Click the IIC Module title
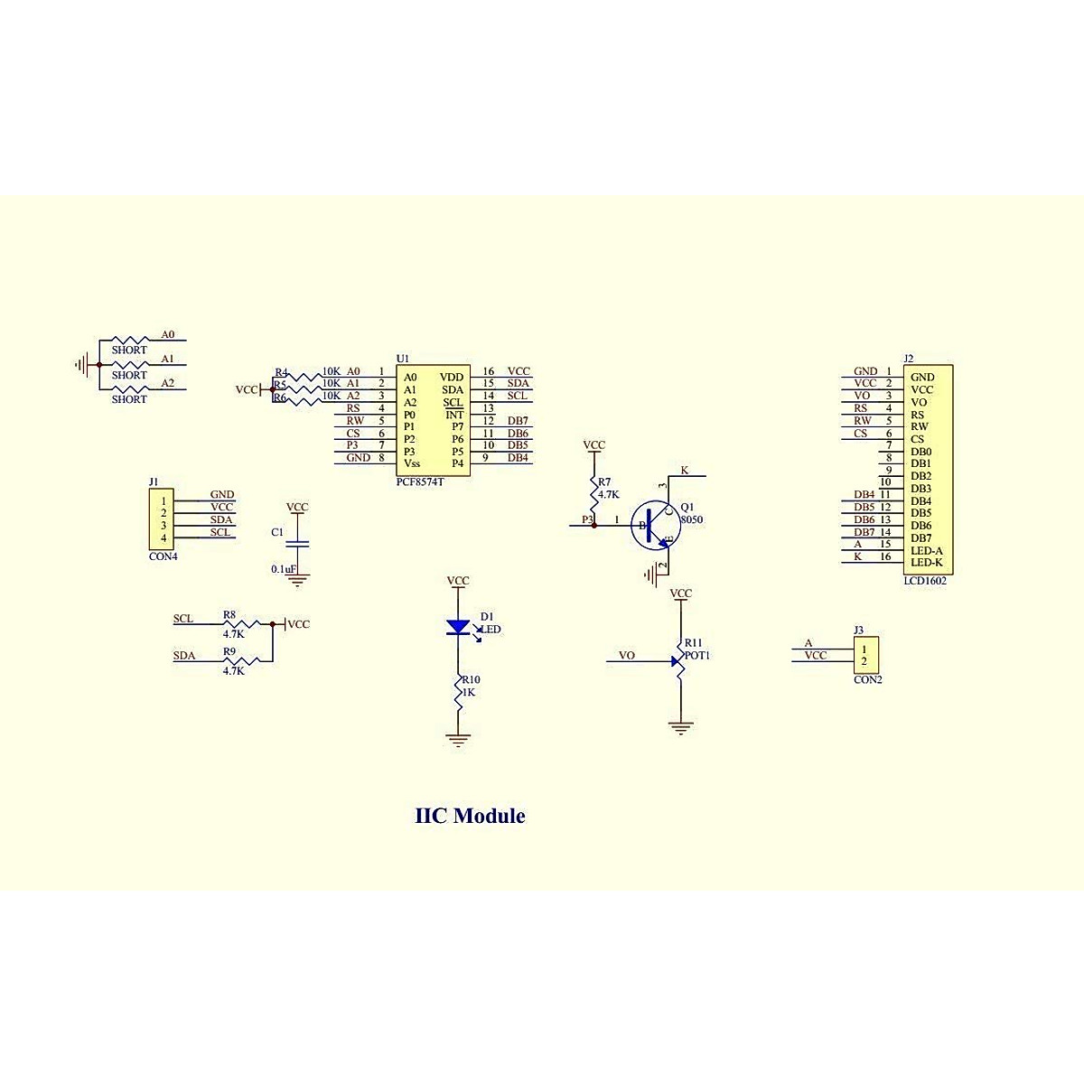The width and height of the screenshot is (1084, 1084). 470,817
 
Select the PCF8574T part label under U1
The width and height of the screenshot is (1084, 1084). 420,482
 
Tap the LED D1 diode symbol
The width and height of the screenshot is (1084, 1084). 459,627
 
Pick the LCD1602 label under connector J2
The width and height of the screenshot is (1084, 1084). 925,581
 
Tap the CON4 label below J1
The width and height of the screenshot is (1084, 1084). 164,556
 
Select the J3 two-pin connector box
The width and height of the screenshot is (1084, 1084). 865,654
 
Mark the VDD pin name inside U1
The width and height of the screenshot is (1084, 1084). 452,378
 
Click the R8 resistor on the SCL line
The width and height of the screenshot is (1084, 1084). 246,623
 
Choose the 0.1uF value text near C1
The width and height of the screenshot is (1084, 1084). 284,569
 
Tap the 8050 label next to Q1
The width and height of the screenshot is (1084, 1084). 692,520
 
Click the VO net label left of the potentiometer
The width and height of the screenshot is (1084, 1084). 626,655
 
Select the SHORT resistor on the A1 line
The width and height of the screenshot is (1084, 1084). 128,365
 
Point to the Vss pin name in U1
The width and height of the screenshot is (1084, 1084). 412,463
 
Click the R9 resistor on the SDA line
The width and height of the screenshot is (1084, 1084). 246,661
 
